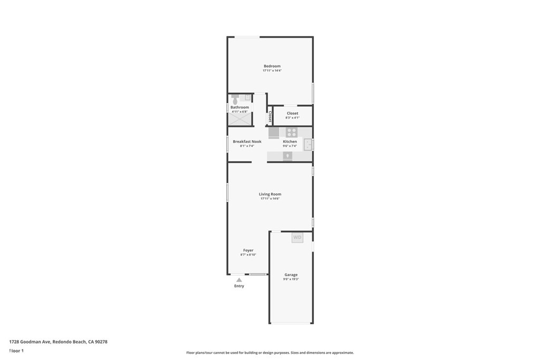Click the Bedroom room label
(272, 66)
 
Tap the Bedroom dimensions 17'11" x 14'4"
(272, 71)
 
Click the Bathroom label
(239, 107)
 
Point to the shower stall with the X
(239, 120)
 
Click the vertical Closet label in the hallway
(270, 116)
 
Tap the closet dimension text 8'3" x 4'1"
(292, 118)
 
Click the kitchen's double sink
(308, 144)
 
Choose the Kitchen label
(290, 141)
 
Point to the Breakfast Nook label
(247, 141)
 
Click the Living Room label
(270, 194)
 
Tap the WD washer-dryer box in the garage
(297, 238)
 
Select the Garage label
(291, 275)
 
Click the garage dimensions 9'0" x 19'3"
(291, 279)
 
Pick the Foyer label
(248, 250)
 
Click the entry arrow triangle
(239, 280)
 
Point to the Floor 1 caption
(16, 351)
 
